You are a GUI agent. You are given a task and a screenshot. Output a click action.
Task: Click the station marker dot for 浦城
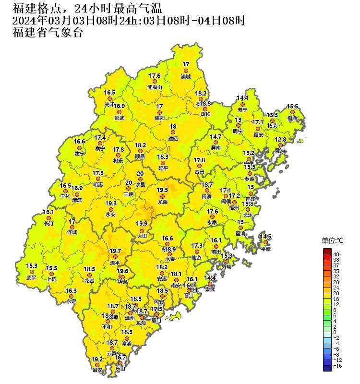pos(186,71)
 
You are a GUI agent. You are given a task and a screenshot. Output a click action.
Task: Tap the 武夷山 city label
pos(155,87)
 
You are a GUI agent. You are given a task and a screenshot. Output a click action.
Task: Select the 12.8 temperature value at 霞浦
pos(280,140)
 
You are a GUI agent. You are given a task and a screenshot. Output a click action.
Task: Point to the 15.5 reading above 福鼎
pos(292,107)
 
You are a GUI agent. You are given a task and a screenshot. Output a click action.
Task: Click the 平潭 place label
pos(265,249)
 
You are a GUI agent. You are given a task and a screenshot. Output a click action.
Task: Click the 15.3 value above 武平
pos(32,265)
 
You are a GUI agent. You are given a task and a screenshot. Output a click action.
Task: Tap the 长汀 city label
pos(48,224)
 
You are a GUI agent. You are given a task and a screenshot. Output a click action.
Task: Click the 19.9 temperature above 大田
pos(141,224)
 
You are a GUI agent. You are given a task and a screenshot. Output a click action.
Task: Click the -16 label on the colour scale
pos(337,366)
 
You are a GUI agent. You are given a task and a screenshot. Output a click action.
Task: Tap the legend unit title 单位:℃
pos(333,240)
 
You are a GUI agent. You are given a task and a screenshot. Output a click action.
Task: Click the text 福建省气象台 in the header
pos(48,33)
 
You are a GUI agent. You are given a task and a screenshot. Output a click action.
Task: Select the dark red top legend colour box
pos(327,252)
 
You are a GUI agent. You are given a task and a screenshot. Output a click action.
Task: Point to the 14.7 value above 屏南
pos(216,137)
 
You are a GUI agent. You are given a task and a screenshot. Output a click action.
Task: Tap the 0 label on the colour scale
pos(335,332)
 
